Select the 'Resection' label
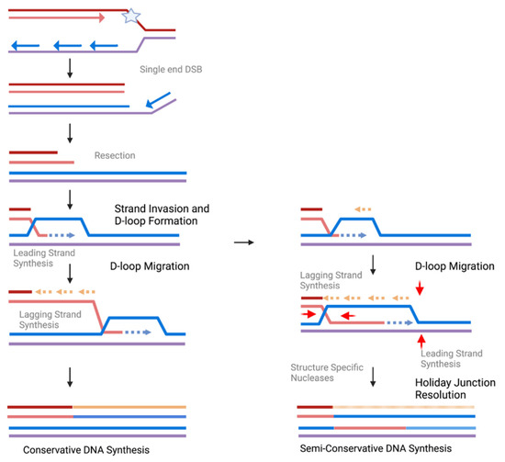(x=114, y=156)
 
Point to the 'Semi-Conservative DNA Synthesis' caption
(x=376, y=449)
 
